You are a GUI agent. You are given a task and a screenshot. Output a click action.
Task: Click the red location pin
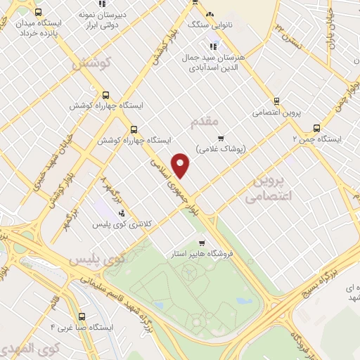point(181,165)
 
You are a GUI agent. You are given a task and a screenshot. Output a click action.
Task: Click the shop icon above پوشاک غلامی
point(221,138)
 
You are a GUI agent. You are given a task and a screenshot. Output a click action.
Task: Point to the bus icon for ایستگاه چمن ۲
point(316,129)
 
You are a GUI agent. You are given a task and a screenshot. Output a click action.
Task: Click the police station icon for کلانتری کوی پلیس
point(122,212)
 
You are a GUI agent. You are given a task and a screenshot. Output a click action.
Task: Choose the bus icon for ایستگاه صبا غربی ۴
point(82,317)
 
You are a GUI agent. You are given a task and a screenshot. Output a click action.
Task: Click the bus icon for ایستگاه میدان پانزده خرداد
point(37,12)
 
